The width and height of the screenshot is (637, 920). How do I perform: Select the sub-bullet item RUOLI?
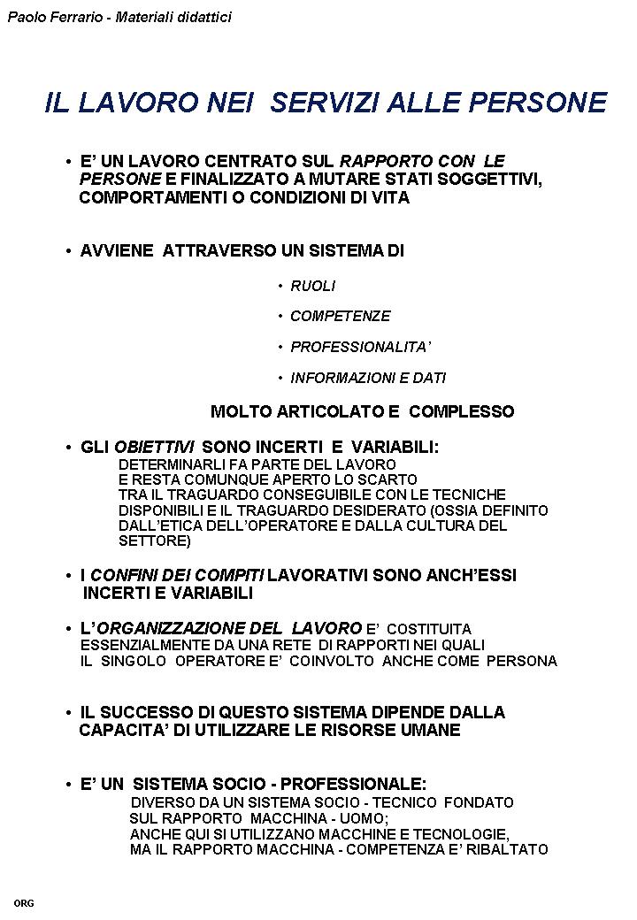coord(313,287)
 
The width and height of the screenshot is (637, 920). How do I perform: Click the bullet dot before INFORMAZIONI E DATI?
coord(280,379)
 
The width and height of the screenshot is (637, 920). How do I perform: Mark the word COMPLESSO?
coord(461,412)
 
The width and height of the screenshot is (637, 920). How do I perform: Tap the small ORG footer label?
coord(24,903)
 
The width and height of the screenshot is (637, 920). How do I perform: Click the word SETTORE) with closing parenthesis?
coord(155,540)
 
